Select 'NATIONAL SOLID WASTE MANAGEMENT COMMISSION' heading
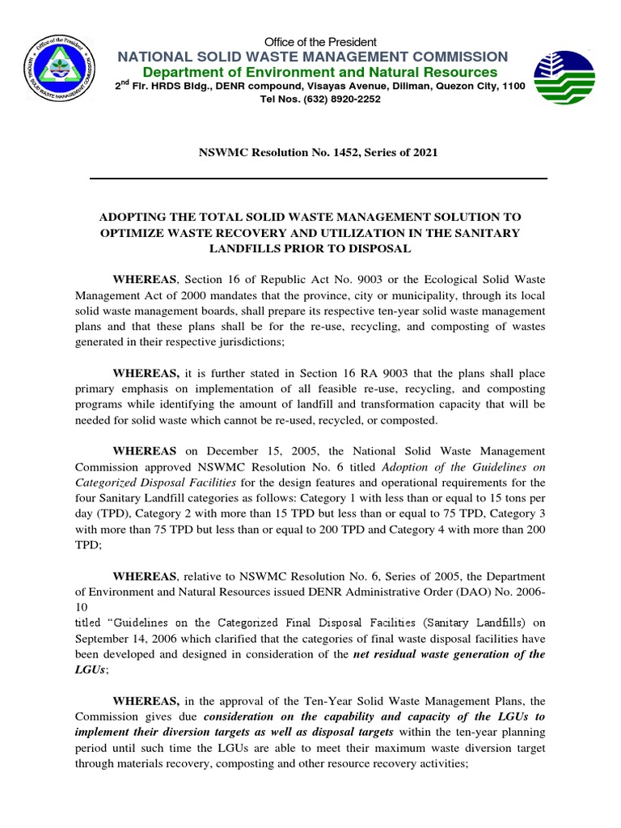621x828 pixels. (313, 57)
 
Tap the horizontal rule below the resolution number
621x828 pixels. (318, 178)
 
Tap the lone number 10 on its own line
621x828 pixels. (82, 606)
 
